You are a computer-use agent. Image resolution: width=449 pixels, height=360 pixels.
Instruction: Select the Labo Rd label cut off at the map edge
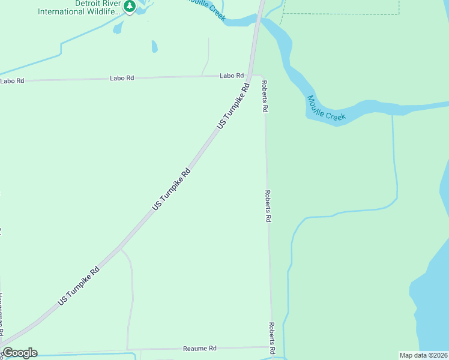(x=12, y=80)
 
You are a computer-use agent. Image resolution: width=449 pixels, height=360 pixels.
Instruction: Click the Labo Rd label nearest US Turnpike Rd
(x=232, y=76)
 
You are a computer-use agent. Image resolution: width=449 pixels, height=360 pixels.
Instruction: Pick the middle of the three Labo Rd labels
(x=122, y=78)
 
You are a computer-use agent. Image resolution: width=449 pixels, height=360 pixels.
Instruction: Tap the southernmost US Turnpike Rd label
(x=79, y=284)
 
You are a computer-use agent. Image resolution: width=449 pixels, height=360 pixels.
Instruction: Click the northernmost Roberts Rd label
(x=264, y=97)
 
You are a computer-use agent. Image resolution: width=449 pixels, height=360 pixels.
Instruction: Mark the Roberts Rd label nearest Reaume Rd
(x=272, y=337)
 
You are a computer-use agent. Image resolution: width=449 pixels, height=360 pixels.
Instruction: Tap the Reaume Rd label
(x=199, y=349)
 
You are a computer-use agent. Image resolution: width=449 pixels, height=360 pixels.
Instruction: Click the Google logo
(x=20, y=353)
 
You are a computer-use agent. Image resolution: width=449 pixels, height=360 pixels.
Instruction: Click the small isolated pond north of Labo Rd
(x=154, y=46)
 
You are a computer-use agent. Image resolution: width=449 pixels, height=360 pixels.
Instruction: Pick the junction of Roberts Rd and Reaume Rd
(x=273, y=347)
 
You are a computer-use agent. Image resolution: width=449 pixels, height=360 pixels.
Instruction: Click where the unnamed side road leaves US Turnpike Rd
(x=120, y=247)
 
